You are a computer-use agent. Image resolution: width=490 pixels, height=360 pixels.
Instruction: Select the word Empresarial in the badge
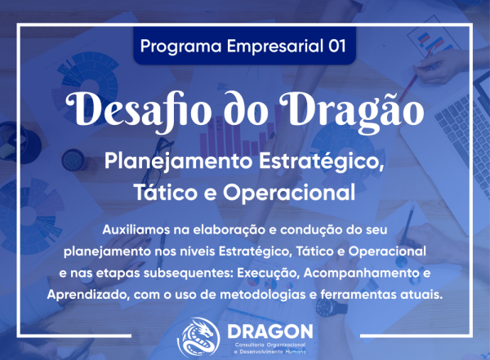[265, 46]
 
